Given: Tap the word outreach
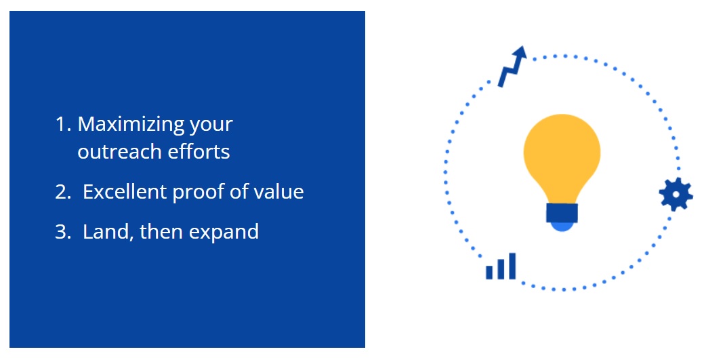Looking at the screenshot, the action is [119, 151].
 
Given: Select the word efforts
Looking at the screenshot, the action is [199, 151].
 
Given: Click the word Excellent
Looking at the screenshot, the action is [125, 192].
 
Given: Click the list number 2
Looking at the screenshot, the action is [63, 192].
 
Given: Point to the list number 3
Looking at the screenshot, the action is [63, 232].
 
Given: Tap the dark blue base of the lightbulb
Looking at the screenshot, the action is [562, 213].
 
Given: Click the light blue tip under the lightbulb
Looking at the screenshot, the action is [562, 227].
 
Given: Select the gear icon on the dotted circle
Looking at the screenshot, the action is [676, 194].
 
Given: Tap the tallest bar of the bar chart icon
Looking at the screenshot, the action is [512, 266].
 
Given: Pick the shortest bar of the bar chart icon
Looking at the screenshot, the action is [489, 273].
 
